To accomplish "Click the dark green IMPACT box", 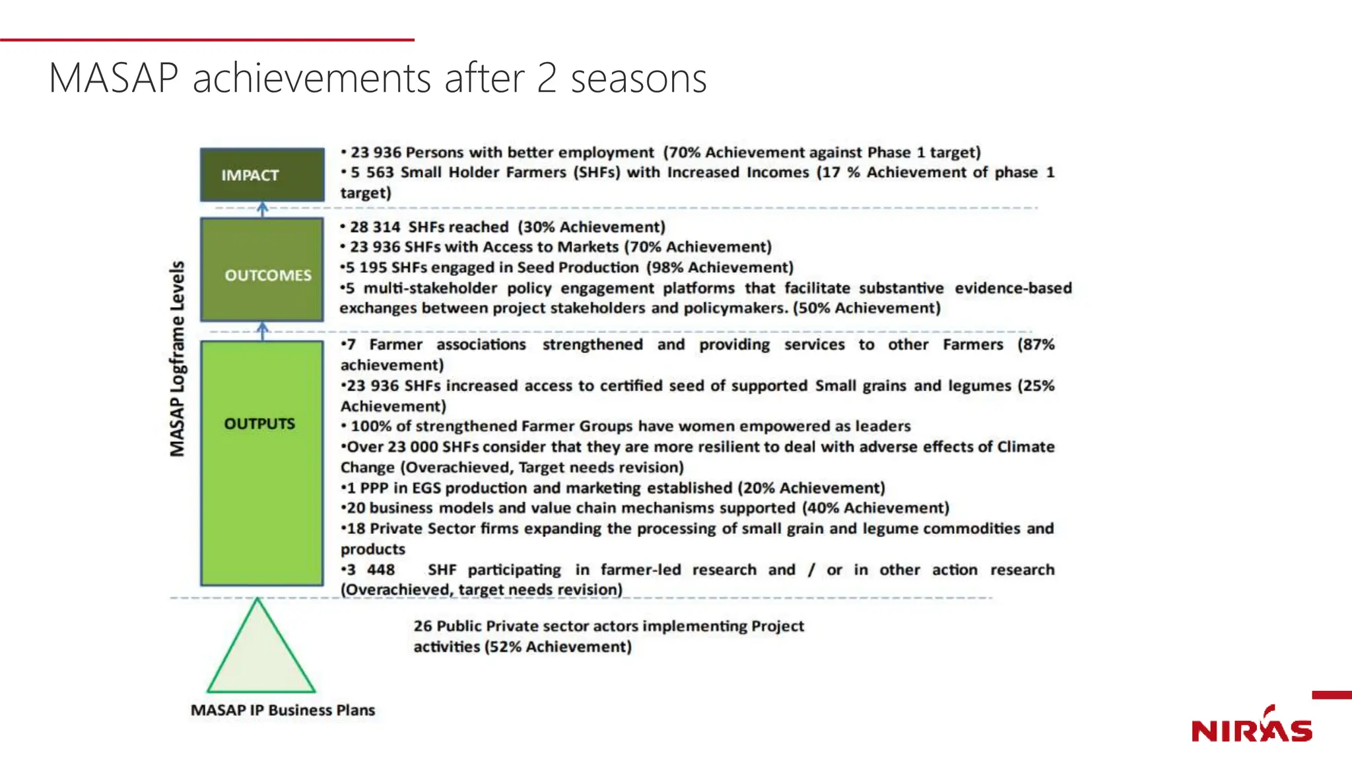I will click(262, 175).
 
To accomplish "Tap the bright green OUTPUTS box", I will click(262, 462).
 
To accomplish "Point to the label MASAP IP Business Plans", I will click(283, 710).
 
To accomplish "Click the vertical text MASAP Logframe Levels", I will click(177, 359).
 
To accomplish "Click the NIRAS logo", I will click(1252, 727).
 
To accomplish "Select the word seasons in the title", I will click(638, 79).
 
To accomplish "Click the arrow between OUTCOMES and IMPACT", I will click(263, 209).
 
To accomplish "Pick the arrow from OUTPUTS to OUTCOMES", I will click(263, 331).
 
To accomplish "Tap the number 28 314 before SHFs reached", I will click(375, 227).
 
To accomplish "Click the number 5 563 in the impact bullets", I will click(372, 172).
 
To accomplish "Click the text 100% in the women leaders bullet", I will click(370, 427).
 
